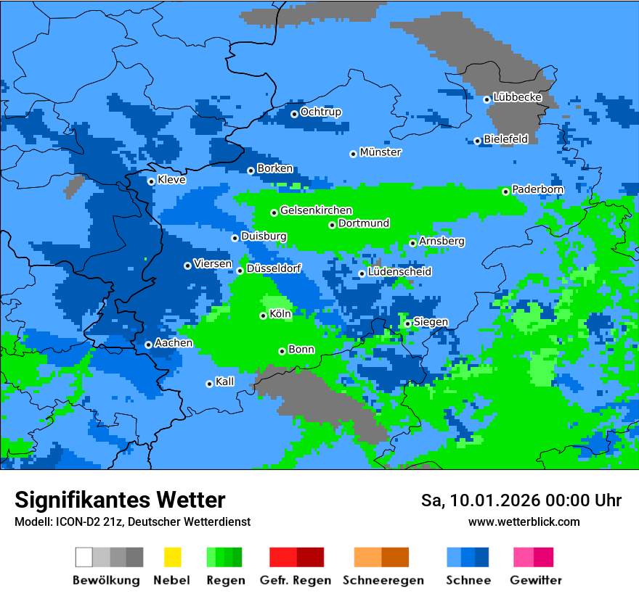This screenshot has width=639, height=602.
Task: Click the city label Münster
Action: [380, 152]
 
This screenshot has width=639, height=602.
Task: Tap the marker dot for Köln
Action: [264, 316]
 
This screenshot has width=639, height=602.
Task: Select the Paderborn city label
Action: [537, 189]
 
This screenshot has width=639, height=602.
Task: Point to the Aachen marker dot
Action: [148, 345]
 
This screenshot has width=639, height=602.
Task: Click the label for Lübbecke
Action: [517, 97]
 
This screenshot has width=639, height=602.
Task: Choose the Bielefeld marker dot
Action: [478, 141]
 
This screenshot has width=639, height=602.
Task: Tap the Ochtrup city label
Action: [320, 112]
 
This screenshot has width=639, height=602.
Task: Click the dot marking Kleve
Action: [151, 181]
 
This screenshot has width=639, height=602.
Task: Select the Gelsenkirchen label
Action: [316, 210]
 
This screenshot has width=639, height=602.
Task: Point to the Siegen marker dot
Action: [408, 323]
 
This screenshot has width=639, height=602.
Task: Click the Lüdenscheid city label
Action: [399, 271]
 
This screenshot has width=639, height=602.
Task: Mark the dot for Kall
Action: [210, 384]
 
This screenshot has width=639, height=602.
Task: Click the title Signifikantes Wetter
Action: [120, 500]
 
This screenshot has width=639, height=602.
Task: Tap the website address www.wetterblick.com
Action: [524, 522]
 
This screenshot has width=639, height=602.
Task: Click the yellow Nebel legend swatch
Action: [172, 557]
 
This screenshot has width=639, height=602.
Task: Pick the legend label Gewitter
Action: [536, 580]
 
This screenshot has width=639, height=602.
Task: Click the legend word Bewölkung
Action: [106, 580]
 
